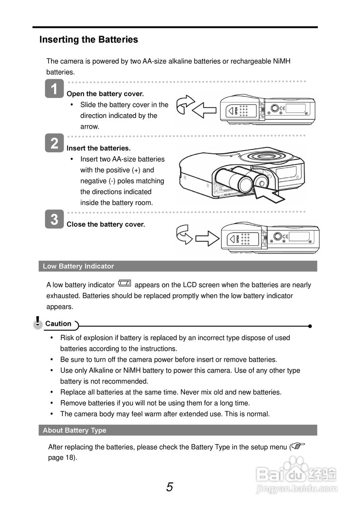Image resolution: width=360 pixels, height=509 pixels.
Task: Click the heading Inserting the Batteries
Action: pyautogui.click(x=88, y=40)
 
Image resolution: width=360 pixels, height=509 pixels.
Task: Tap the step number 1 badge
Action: pyautogui.click(x=54, y=88)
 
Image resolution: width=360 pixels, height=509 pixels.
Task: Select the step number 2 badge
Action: pyautogui.click(x=54, y=143)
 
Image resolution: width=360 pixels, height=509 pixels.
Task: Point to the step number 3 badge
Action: pyautogui.click(x=54, y=219)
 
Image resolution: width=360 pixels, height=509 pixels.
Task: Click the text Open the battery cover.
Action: pyautogui.click(x=105, y=94)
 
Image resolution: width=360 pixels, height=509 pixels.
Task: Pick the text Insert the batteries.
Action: pyautogui.click(x=99, y=148)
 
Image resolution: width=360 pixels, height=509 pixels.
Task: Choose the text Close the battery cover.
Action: pyautogui.click(x=106, y=224)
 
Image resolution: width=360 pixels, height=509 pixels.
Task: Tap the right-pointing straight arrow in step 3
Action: pyautogui.click(x=207, y=239)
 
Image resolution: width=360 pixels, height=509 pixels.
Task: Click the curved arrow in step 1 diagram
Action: pyautogui.click(x=185, y=104)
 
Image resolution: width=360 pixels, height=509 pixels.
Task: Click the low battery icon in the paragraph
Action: pyautogui.click(x=125, y=284)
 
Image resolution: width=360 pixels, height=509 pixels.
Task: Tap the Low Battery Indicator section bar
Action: pyautogui.click(x=178, y=266)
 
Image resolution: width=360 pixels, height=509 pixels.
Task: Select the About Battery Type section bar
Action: pyautogui.click(x=178, y=430)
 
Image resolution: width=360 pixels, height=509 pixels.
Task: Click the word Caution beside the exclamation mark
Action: pyautogui.click(x=58, y=324)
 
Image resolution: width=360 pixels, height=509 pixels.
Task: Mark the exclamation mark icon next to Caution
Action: pyautogui.click(x=37, y=322)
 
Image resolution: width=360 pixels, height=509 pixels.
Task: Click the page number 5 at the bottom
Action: pyautogui.click(x=169, y=487)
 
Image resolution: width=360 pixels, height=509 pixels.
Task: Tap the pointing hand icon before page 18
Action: pyautogui.click(x=298, y=446)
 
